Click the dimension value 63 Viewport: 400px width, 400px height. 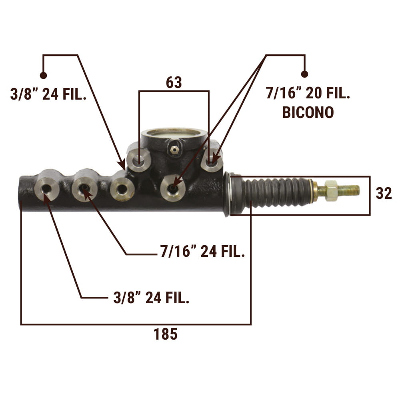coord(174,82)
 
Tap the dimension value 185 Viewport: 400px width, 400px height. coord(165,334)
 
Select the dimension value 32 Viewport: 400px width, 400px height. coord(384,193)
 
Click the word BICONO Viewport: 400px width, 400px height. coord(308,112)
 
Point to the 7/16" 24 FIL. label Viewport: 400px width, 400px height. coord(202,251)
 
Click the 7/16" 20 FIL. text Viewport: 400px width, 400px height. coord(308,93)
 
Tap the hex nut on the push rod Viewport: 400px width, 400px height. coord(331,190)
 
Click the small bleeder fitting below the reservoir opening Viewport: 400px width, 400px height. coord(174,149)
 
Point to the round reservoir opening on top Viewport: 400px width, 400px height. coord(174,134)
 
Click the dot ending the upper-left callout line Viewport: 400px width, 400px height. coord(43,75)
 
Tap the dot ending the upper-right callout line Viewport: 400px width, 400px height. coord(304,74)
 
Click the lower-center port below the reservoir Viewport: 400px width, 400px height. coord(173,188)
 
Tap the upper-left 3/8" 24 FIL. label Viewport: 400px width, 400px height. coord(48,94)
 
